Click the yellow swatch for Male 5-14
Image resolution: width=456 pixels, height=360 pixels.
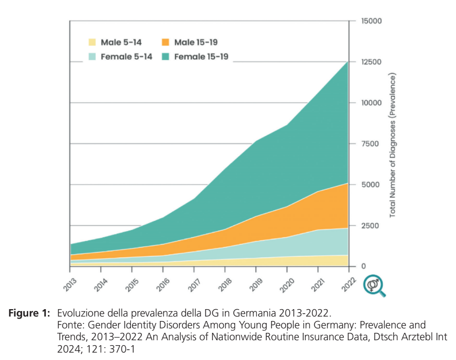coord(92,42)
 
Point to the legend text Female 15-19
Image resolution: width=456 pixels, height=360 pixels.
coord(201,56)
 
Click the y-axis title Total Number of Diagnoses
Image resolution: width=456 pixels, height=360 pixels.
coord(393,146)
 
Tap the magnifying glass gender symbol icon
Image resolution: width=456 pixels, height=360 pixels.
coord(374,286)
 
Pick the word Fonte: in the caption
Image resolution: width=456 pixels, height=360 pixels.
coord(69,325)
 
